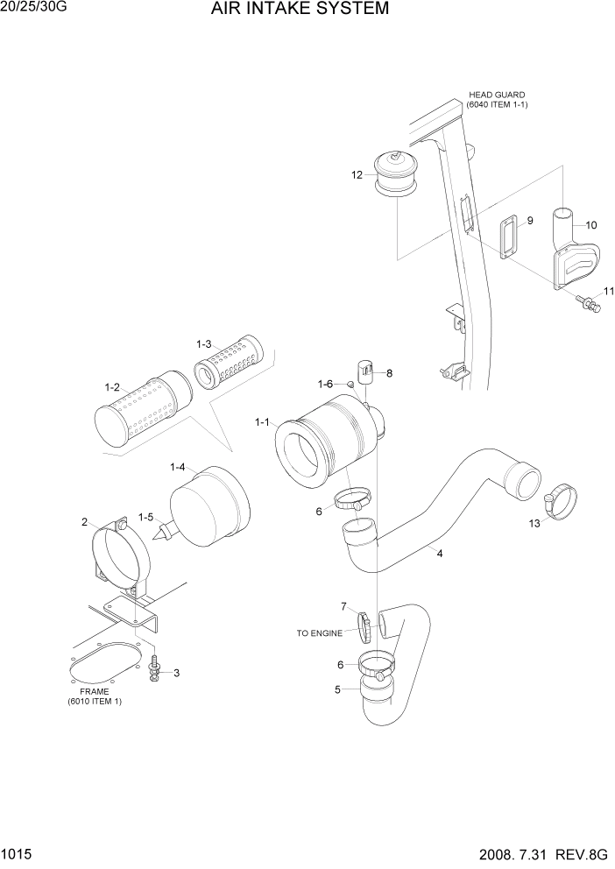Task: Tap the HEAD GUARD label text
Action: pyautogui.click(x=497, y=95)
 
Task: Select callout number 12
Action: pyautogui.click(x=357, y=175)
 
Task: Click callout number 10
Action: pyautogui.click(x=590, y=225)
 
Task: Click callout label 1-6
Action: pyautogui.click(x=324, y=384)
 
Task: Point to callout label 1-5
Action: pyautogui.click(x=145, y=517)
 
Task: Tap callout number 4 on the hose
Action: pyautogui.click(x=439, y=554)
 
